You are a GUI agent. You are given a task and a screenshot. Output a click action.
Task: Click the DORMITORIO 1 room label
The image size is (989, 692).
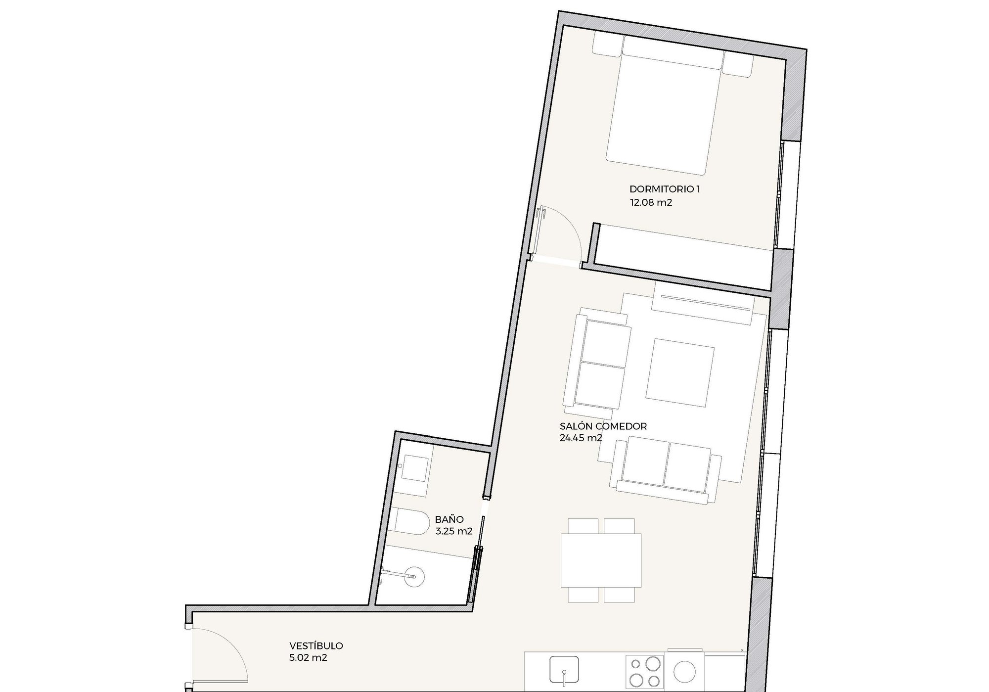point(665,189)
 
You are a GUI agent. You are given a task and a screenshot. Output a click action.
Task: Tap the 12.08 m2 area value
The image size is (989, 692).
point(651,202)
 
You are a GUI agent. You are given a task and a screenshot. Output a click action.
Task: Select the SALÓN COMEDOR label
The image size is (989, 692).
point(603,426)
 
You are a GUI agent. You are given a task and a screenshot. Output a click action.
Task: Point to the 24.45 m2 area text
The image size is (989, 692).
point(581,438)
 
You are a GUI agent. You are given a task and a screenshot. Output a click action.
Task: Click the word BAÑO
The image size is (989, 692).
point(450,519)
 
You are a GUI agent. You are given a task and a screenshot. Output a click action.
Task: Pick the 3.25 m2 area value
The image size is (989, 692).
point(454,532)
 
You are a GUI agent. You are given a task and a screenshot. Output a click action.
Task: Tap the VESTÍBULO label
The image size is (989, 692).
point(316,646)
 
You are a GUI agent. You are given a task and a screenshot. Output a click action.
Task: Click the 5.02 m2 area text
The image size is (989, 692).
point(308,658)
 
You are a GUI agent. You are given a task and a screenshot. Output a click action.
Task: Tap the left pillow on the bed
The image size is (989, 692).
point(607,45)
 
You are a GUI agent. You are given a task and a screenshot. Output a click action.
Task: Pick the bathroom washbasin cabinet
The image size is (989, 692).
point(414,469)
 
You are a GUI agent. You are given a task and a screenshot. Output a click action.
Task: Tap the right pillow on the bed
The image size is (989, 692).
point(737,63)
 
